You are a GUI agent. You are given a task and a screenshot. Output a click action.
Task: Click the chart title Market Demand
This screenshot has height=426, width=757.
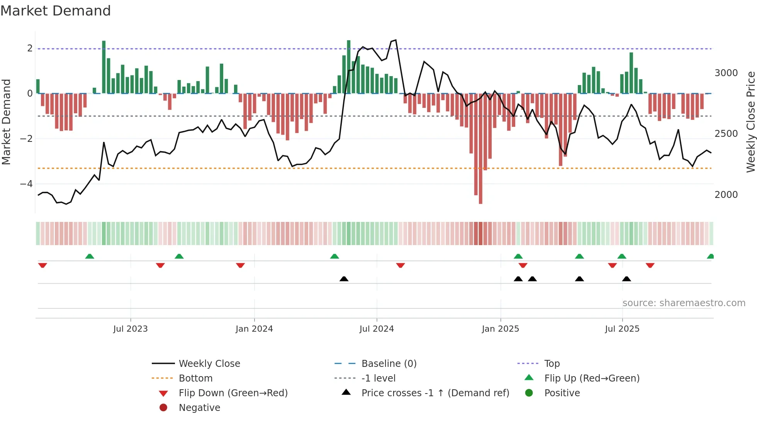pyautogui.click(x=56, y=11)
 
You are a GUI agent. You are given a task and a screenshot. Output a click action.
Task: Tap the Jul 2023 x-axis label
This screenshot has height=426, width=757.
pyautogui.click(x=131, y=329)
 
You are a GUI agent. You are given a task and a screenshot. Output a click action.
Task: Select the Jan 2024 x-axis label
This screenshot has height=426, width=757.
pyautogui.click(x=254, y=329)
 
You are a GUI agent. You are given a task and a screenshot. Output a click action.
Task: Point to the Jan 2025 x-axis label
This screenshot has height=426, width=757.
pyautogui.click(x=500, y=329)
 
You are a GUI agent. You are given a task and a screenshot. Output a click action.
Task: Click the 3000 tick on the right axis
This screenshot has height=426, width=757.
pyautogui.click(x=726, y=73)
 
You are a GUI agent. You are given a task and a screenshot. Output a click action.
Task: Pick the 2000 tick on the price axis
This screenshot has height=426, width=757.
pyautogui.click(x=726, y=195)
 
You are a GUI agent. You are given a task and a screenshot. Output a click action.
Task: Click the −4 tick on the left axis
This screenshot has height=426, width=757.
pyautogui.click(x=27, y=184)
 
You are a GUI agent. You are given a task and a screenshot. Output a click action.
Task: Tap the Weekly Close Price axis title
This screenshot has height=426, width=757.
pyautogui.click(x=750, y=122)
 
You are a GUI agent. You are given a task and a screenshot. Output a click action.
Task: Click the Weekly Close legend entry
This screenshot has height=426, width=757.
pyautogui.click(x=209, y=364)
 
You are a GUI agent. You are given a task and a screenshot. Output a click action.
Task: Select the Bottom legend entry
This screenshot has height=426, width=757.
pyautogui.click(x=195, y=378)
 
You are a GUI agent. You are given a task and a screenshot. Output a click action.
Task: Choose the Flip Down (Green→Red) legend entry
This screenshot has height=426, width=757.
pyautogui.click(x=233, y=393)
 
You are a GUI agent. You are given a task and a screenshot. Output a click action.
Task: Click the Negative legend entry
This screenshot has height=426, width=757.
pyautogui.click(x=199, y=408)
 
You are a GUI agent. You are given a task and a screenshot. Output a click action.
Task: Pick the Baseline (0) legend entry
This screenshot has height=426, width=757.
pyautogui.click(x=389, y=364)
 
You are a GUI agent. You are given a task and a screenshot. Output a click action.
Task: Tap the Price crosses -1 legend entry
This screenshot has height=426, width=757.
pyautogui.click(x=435, y=393)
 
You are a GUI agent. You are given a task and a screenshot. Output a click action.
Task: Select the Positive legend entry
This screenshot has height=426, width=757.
pyautogui.click(x=562, y=393)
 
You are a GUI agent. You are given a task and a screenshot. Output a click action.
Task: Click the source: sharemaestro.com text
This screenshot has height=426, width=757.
pyautogui.click(x=684, y=303)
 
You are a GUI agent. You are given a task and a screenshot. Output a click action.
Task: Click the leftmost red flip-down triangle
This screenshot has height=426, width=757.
pyautogui.click(x=42, y=265)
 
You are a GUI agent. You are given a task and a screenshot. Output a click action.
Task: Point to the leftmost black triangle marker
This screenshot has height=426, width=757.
pyautogui.click(x=344, y=279)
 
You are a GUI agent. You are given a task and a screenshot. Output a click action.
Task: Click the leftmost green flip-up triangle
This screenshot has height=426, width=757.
pyautogui.click(x=90, y=256)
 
